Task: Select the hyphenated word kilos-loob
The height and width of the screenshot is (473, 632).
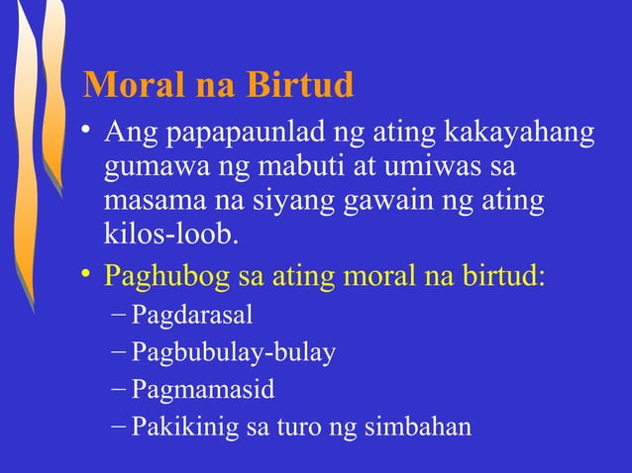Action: (x=170, y=236)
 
